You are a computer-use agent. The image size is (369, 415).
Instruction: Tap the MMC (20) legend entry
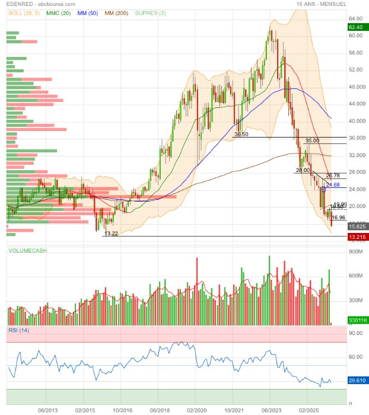[60, 13]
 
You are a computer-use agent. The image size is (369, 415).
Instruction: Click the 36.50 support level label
[241, 135]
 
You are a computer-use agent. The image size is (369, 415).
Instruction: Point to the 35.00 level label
[312, 141]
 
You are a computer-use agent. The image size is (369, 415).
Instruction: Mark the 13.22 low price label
[111, 234]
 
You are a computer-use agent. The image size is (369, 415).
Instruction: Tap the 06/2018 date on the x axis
[160, 409]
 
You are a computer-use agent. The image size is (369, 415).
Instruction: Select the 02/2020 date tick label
[197, 409]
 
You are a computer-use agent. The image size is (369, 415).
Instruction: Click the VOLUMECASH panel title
[27, 251]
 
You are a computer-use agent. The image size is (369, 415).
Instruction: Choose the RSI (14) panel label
[18, 330]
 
